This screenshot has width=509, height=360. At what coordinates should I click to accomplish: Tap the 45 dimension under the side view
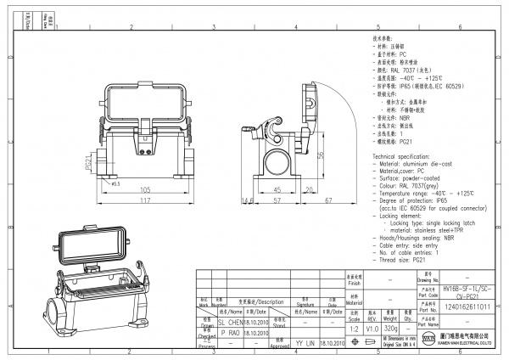(x=277, y=189)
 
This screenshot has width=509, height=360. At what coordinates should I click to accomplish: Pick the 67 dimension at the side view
(x=327, y=200)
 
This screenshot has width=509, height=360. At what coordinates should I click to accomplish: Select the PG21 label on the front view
(x=88, y=162)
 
